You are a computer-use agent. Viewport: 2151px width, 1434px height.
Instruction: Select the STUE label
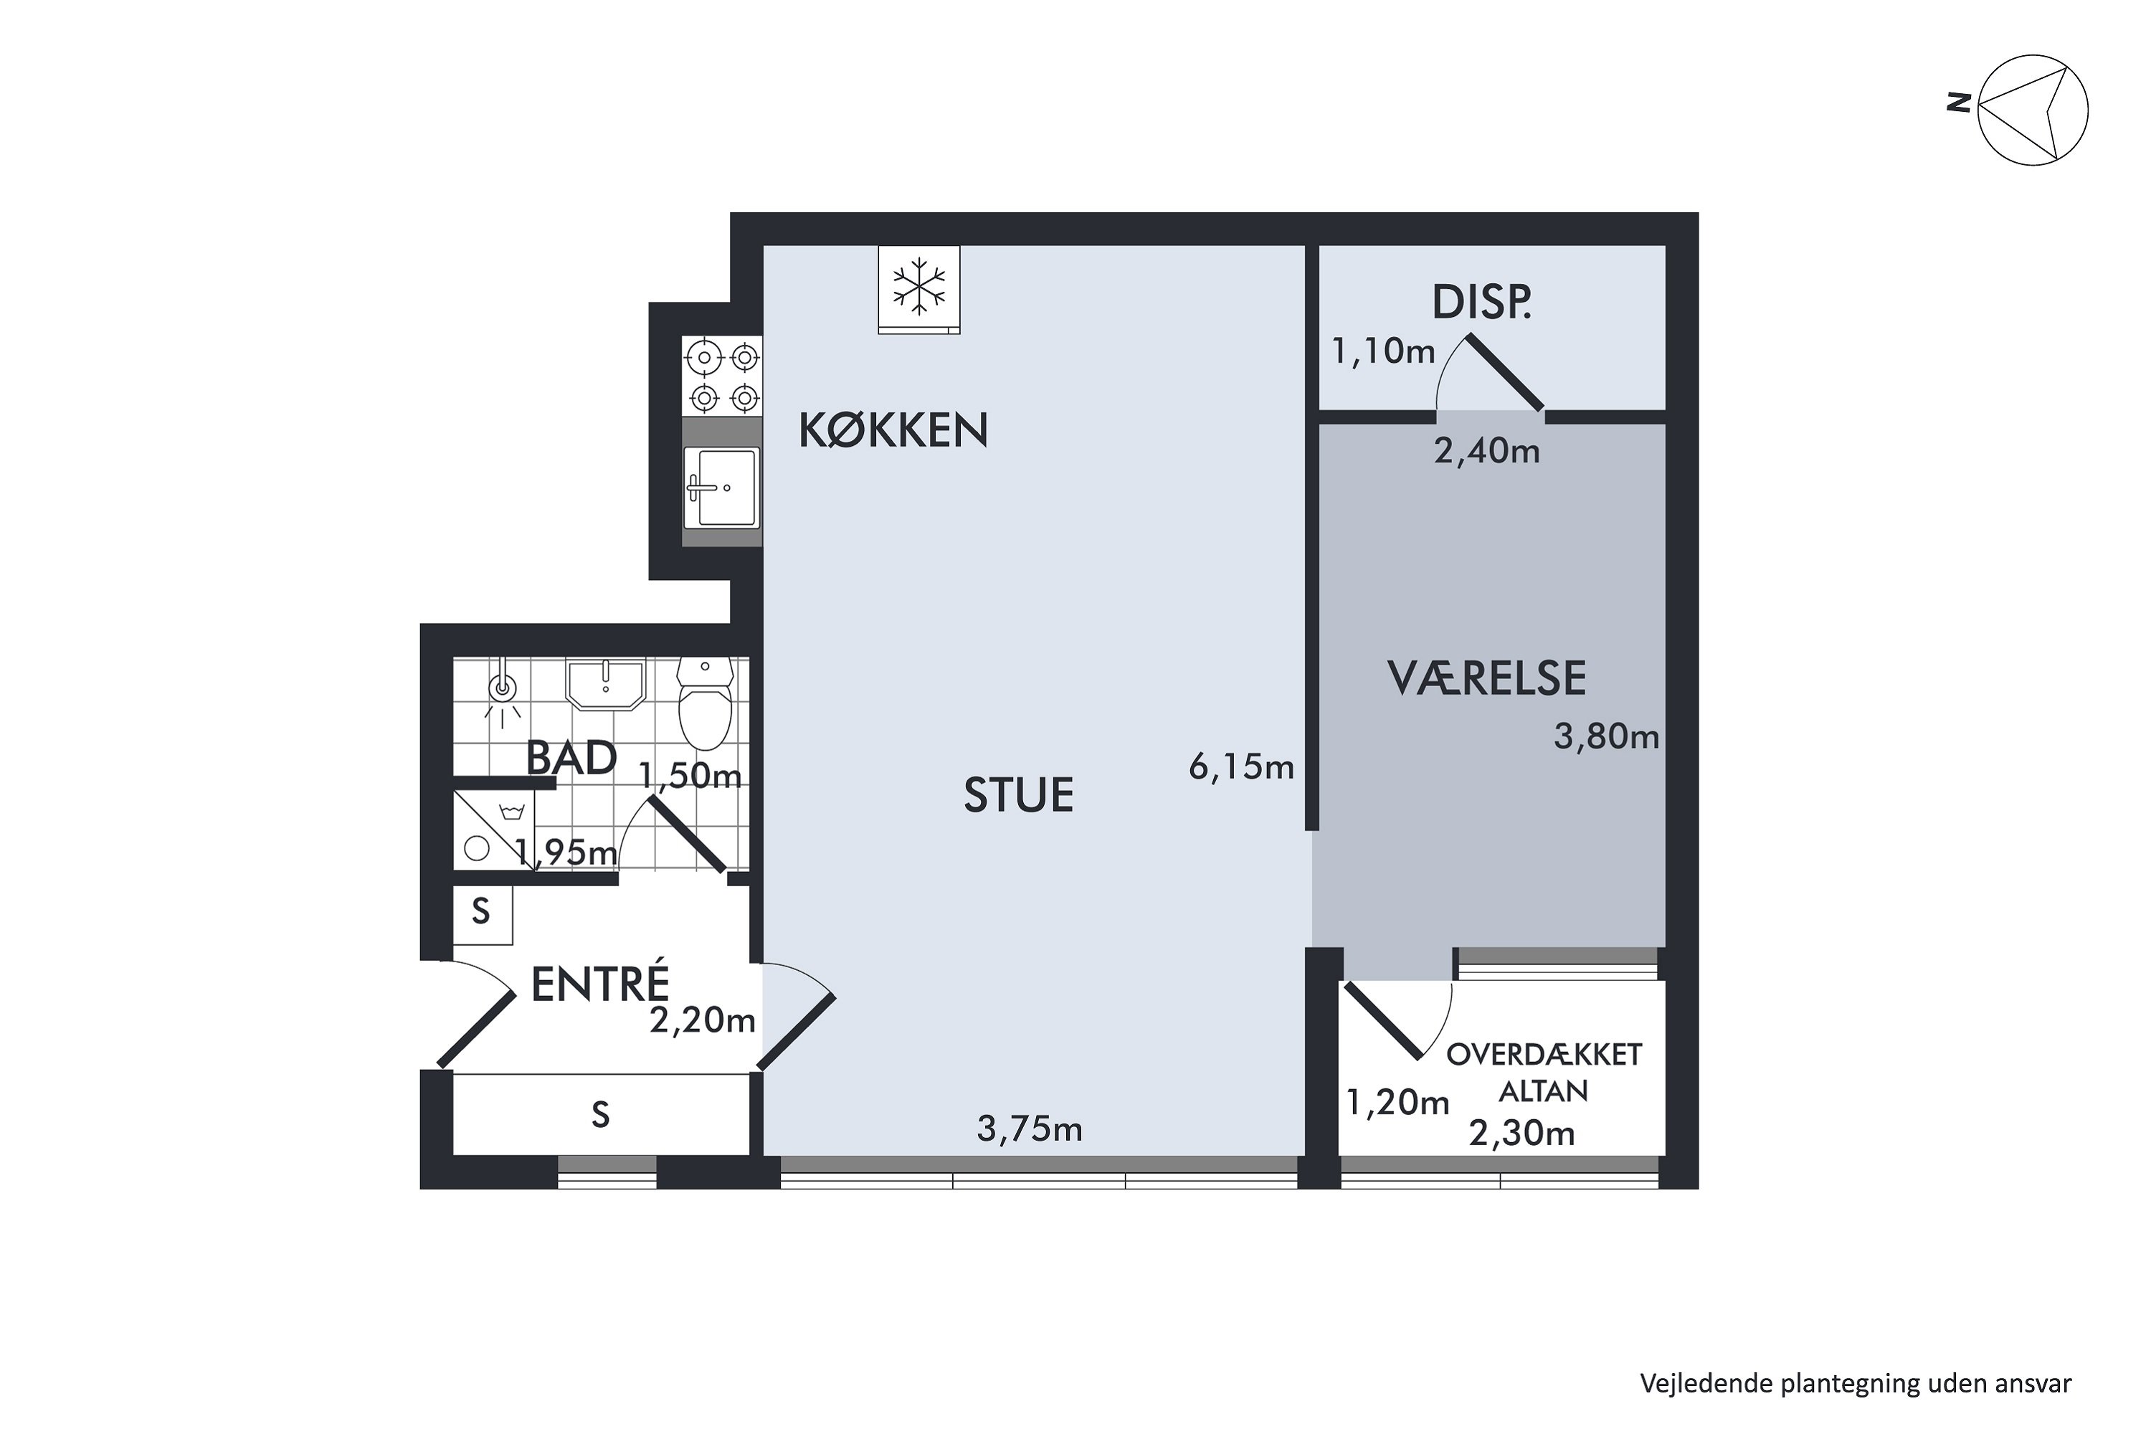tap(1018, 794)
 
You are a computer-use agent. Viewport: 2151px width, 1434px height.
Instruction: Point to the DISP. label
tap(1481, 303)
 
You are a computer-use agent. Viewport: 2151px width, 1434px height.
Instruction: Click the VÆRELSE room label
tap(1486, 678)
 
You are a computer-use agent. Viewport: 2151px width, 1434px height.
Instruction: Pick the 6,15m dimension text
tap(1241, 766)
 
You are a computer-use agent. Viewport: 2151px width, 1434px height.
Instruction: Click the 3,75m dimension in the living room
tap(1029, 1129)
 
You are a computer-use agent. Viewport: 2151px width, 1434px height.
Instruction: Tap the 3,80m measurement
tap(1606, 736)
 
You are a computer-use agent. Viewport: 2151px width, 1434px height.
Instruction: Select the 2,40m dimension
tap(1486, 451)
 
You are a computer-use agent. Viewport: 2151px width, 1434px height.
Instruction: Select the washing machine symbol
tap(494, 830)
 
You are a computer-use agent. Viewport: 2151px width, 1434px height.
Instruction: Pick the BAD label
tap(571, 758)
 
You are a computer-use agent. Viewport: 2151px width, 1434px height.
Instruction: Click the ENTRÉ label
tap(600, 985)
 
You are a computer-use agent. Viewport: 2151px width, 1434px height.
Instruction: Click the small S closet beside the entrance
tap(481, 912)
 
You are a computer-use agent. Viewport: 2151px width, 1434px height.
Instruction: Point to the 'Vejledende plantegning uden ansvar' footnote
tap(1856, 1384)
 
